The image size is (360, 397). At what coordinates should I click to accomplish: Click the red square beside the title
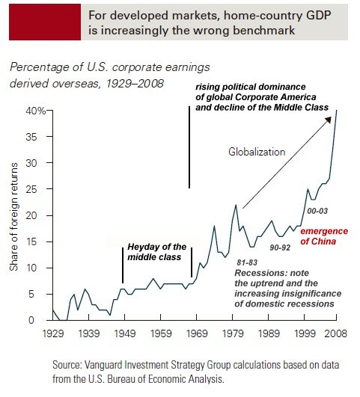point(45,22)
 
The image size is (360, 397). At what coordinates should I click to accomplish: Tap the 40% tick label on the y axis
point(36,111)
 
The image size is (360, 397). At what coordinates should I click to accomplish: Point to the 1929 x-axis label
point(53,333)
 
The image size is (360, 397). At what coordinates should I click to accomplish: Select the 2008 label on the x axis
point(335,333)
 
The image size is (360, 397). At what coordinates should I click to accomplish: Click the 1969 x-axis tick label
point(197,333)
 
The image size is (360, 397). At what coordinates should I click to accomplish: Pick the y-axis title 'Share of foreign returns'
point(13,217)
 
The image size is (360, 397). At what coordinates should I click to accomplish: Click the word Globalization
point(257,152)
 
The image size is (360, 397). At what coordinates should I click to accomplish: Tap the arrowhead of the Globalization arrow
point(329,120)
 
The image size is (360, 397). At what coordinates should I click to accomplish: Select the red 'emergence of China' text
point(324,236)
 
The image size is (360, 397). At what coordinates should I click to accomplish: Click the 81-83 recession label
point(247,262)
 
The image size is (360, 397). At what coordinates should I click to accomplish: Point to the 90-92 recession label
point(280,247)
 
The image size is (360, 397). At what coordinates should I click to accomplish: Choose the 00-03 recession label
point(317,211)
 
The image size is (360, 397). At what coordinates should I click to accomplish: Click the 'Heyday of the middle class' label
point(156,252)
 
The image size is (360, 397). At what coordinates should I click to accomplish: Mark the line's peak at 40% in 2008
point(336,110)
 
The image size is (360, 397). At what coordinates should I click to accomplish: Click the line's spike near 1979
point(236,205)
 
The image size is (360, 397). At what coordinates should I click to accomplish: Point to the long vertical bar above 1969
point(189,147)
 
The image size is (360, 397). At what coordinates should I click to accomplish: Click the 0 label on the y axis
point(31,320)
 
